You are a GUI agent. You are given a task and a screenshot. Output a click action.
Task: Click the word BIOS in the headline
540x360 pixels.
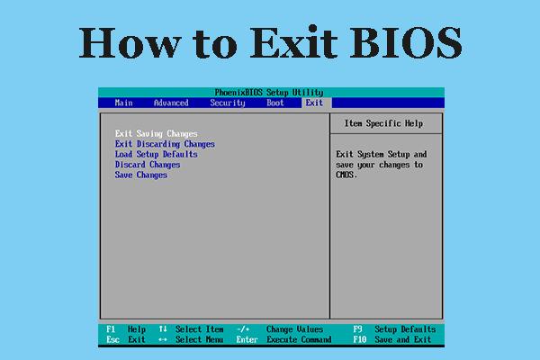coord(406,42)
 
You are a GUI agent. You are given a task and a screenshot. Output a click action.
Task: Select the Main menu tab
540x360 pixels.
coord(123,103)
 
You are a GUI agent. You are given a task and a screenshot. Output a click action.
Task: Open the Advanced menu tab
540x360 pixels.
coord(171,103)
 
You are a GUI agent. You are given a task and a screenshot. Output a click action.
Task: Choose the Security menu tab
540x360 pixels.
coord(228,103)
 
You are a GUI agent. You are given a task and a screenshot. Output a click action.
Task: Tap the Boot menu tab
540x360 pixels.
coord(275,103)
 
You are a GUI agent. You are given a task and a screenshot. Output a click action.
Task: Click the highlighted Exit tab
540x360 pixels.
coord(314,103)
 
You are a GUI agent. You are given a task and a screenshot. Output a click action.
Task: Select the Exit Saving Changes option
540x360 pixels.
coord(157,134)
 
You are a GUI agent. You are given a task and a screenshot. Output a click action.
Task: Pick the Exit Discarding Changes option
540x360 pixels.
coord(165,144)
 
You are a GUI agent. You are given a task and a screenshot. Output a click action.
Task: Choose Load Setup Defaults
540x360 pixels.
coord(157,154)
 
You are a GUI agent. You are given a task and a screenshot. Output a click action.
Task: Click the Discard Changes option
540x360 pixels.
coord(148,165)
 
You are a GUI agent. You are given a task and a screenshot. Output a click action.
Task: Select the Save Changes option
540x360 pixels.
coord(141,175)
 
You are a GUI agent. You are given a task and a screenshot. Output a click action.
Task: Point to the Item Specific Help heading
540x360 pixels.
coord(383,123)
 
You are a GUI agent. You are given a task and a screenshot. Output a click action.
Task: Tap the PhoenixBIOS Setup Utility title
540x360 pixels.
coord(269,93)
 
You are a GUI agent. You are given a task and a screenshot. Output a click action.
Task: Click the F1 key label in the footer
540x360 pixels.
coord(111,329)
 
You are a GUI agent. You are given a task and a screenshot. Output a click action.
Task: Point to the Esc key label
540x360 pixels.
coord(113,339)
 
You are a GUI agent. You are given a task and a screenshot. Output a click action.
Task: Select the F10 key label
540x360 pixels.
coord(360,339)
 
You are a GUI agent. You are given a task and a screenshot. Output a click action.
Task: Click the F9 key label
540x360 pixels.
coord(358,329)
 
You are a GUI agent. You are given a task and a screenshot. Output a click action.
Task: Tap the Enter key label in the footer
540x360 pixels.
coord(247,339)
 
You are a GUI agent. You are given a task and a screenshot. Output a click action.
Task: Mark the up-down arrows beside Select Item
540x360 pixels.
coord(163,329)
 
